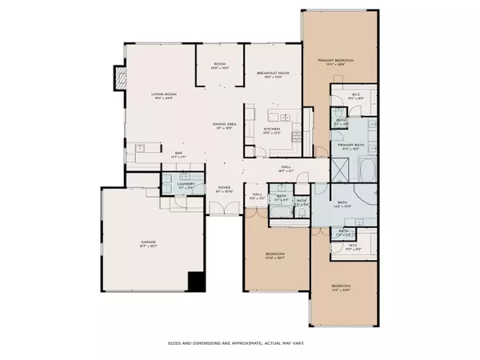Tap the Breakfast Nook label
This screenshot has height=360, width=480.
(x=273, y=74)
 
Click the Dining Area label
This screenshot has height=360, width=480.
(x=225, y=125)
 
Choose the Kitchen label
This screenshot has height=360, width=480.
(x=273, y=130)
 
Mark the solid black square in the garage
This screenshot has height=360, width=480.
(x=196, y=282)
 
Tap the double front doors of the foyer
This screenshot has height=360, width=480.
(x=223, y=210)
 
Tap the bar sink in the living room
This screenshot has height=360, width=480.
(x=139, y=147)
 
